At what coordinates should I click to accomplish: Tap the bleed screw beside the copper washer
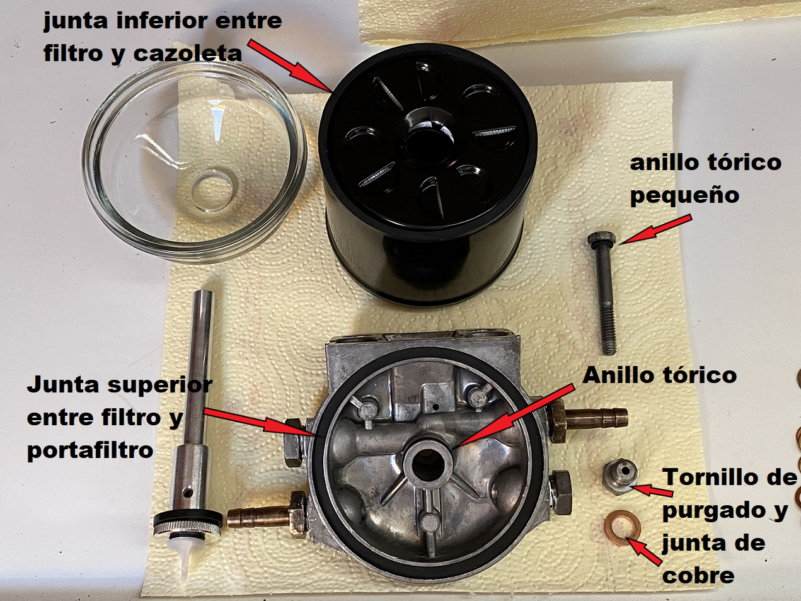coord(621,477)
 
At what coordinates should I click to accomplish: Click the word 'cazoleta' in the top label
coord(188,54)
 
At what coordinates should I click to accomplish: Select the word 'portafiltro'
coord(90,451)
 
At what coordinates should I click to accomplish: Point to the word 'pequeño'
coord(684,196)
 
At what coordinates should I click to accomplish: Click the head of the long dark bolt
coord(601,239)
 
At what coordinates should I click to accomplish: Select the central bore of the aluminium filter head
coord(427,466)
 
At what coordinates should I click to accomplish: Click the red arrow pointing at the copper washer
coord(643,551)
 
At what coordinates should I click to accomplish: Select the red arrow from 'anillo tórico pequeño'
coord(655,229)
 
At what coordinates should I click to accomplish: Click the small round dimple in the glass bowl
coord(212,190)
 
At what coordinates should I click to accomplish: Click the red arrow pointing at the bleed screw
coord(653,490)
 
